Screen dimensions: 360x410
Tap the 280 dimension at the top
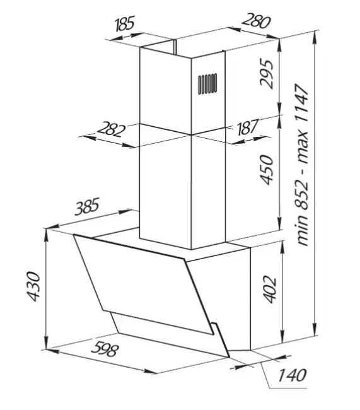click(256, 21)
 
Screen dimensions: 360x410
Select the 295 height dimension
click(267, 74)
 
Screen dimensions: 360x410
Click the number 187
click(247, 127)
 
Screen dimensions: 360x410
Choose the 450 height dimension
click(267, 170)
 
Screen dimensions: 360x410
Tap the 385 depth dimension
click(87, 206)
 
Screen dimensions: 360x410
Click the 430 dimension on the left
click(33, 286)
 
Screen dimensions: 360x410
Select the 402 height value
click(270, 289)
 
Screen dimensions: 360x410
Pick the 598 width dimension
click(105, 349)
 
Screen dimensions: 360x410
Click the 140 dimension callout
click(292, 375)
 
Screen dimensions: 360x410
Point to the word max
click(303, 149)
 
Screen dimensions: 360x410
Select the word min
click(303, 231)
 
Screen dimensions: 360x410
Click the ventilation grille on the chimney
click(207, 84)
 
